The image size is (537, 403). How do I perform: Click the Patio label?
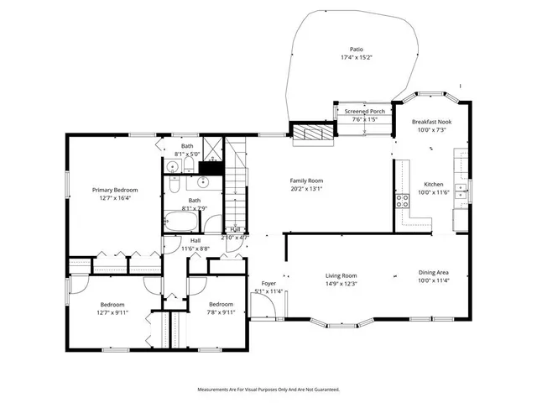pos(357,50)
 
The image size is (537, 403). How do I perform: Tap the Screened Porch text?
pos(365,112)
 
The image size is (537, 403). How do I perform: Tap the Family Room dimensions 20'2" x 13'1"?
pos(306,188)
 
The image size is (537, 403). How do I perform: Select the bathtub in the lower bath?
pos(180,222)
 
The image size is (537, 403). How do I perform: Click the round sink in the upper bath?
pos(172,167)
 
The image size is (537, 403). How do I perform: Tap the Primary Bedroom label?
pos(115,191)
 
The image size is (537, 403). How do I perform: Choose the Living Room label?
pos(341,275)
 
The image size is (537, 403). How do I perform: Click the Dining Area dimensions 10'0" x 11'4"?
pos(434,280)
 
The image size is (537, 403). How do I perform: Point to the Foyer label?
pos(268,284)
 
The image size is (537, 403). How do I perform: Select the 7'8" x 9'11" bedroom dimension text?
pos(221,311)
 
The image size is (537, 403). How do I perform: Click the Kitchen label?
pos(434,184)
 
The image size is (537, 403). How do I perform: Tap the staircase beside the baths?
pos(237,181)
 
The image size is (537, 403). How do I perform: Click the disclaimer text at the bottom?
pos(268,390)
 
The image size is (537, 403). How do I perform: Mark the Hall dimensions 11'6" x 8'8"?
pos(195,249)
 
